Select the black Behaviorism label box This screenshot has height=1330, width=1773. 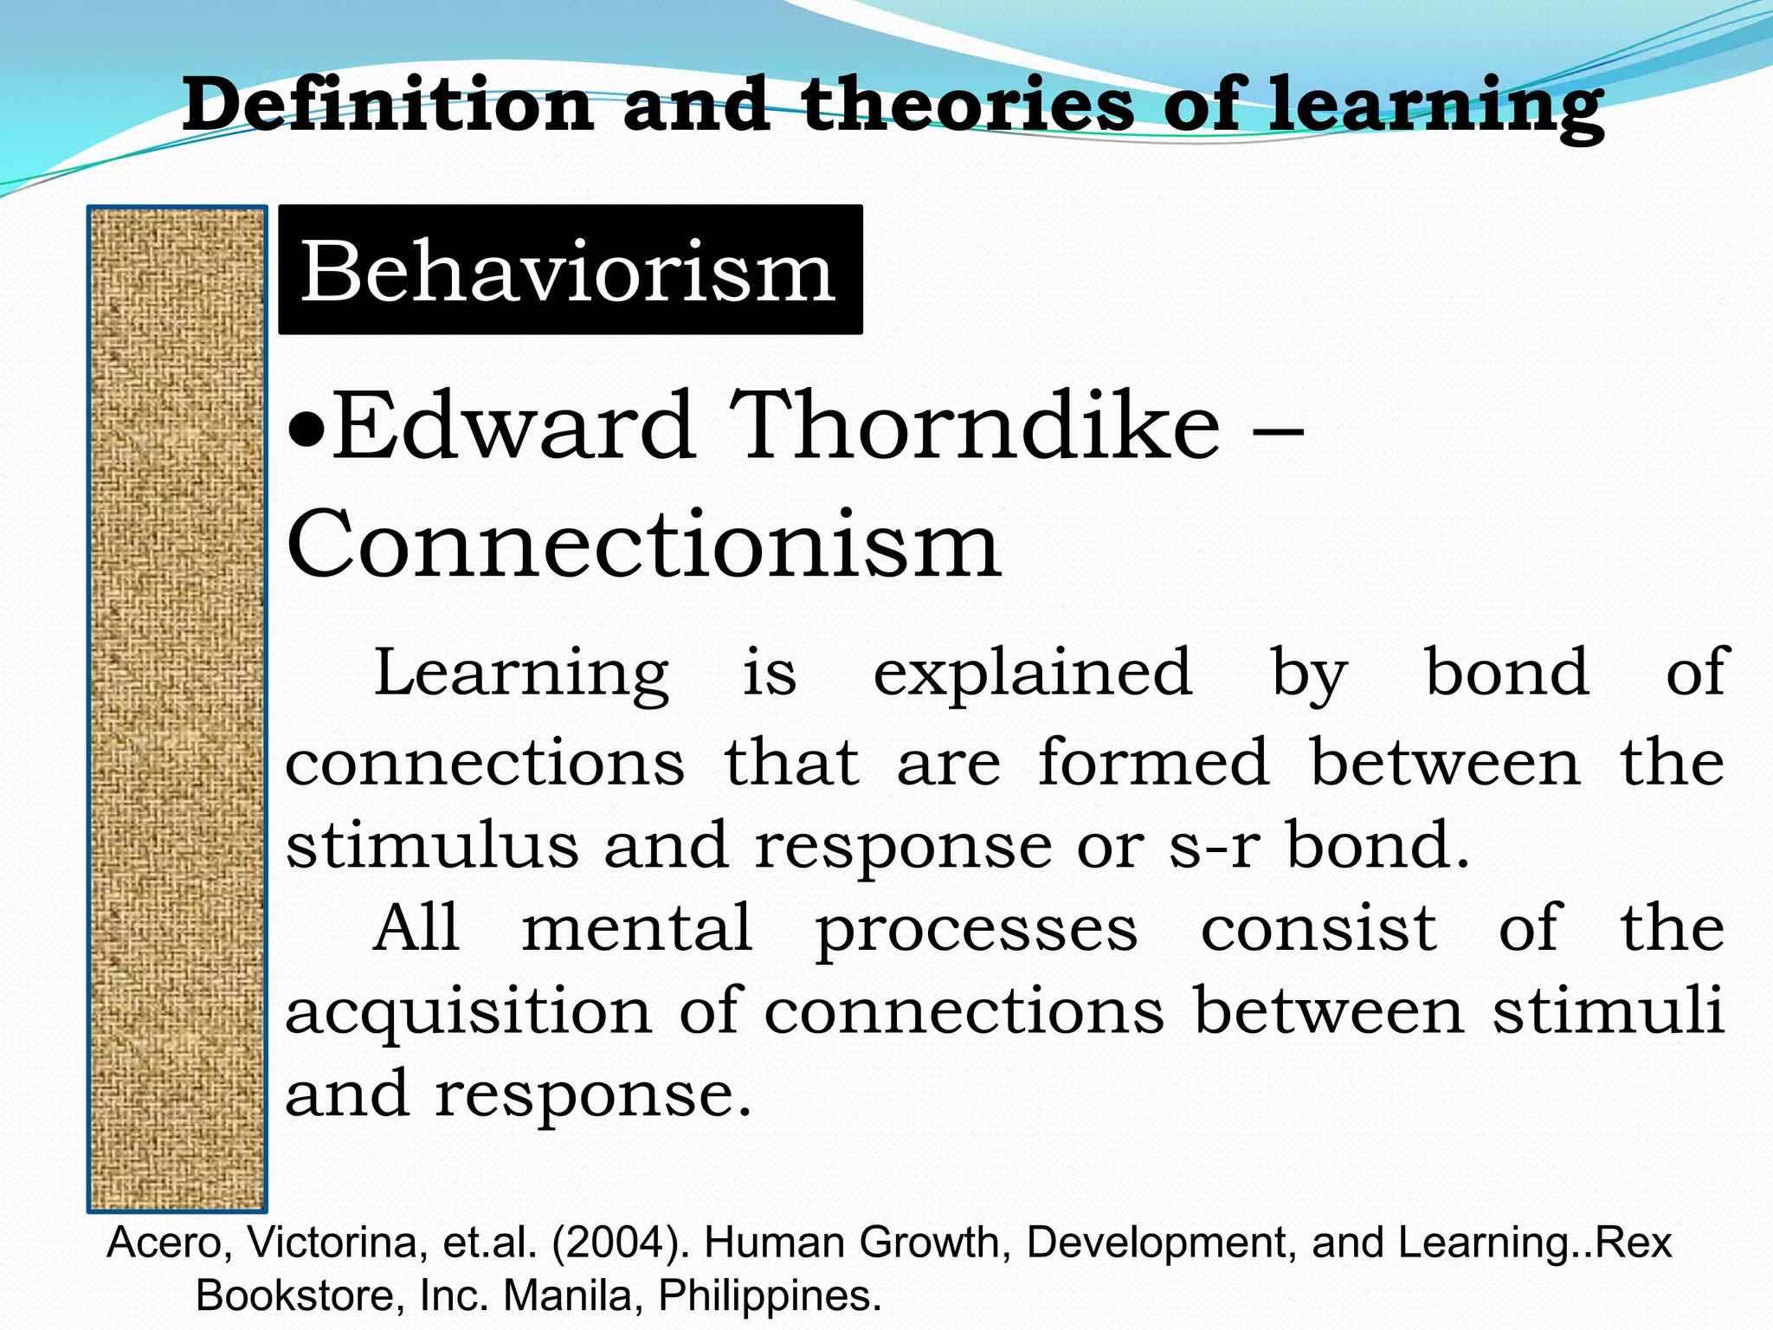tap(570, 270)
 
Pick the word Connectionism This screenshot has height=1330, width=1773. tap(643, 546)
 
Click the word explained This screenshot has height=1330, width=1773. tap(1032, 675)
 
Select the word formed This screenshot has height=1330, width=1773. tap(1153, 762)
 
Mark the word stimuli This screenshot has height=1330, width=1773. tap(1608, 1010)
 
